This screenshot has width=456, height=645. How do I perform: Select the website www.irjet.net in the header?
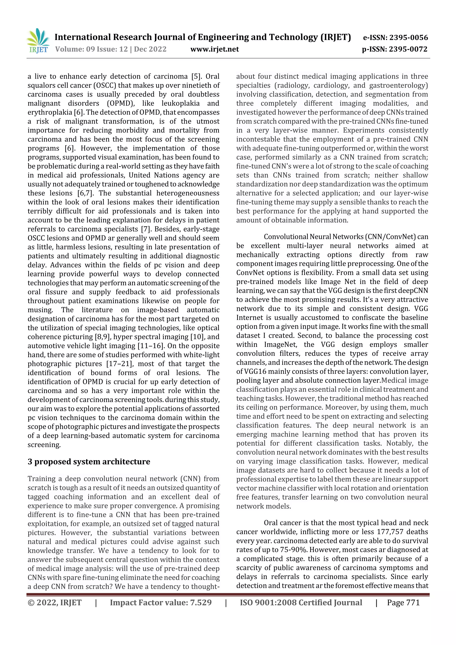pos(214,49)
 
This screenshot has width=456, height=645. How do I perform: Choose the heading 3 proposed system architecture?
pos(89,462)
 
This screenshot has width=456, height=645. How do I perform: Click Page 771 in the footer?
pos(403,602)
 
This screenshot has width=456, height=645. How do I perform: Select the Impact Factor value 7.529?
pos(201,602)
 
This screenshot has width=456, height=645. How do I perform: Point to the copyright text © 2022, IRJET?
pos(55,602)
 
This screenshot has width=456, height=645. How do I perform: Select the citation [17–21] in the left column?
pos(118,364)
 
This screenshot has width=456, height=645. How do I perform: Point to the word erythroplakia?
pos(50,112)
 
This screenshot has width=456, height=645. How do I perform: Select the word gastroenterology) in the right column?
pos(398,85)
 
